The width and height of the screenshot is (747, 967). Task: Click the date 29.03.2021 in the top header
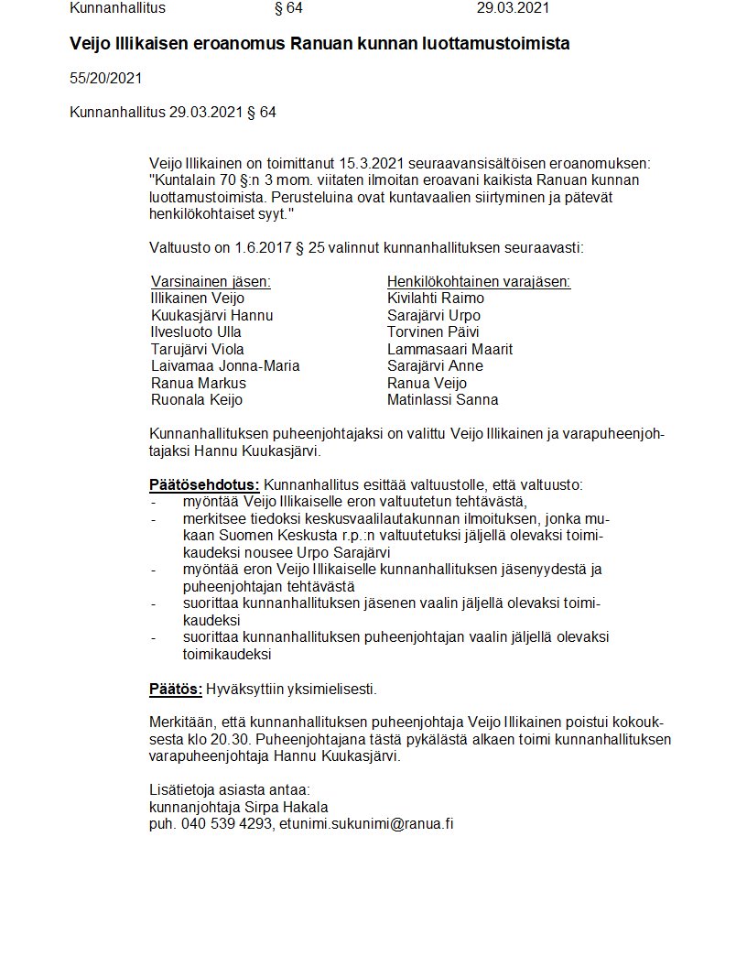click(x=513, y=8)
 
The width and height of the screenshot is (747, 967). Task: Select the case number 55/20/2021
click(x=105, y=79)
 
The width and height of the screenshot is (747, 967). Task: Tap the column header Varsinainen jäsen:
click(x=211, y=282)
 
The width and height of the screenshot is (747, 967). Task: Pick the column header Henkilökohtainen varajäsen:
click(x=479, y=282)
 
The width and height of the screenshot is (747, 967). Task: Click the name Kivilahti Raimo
click(x=436, y=299)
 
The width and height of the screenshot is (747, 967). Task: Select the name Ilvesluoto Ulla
click(x=196, y=332)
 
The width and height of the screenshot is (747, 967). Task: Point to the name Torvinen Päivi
click(x=433, y=332)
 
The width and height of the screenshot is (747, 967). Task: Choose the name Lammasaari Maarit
click(x=449, y=349)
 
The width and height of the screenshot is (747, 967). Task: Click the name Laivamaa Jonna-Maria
click(x=225, y=366)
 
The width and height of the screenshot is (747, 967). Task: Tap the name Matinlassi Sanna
click(x=443, y=400)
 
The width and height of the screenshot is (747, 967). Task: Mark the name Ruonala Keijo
click(x=197, y=400)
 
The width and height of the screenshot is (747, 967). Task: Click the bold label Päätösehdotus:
click(x=204, y=484)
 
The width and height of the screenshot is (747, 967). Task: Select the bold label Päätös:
click(x=176, y=689)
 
